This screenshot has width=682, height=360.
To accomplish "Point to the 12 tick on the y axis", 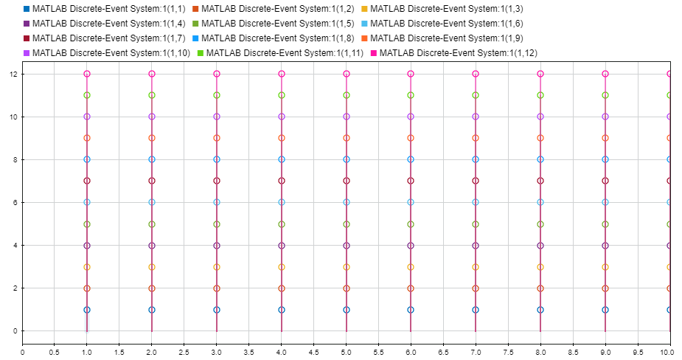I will click(x=13, y=74).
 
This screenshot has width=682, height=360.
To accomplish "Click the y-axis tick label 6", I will click(x=14, y=202).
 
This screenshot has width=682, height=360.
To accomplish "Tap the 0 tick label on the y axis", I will click(x=14, y=330).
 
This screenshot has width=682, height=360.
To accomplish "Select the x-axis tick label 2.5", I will click(x=184, y=353).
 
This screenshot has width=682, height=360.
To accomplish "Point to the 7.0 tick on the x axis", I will click(x=476, y=353).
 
